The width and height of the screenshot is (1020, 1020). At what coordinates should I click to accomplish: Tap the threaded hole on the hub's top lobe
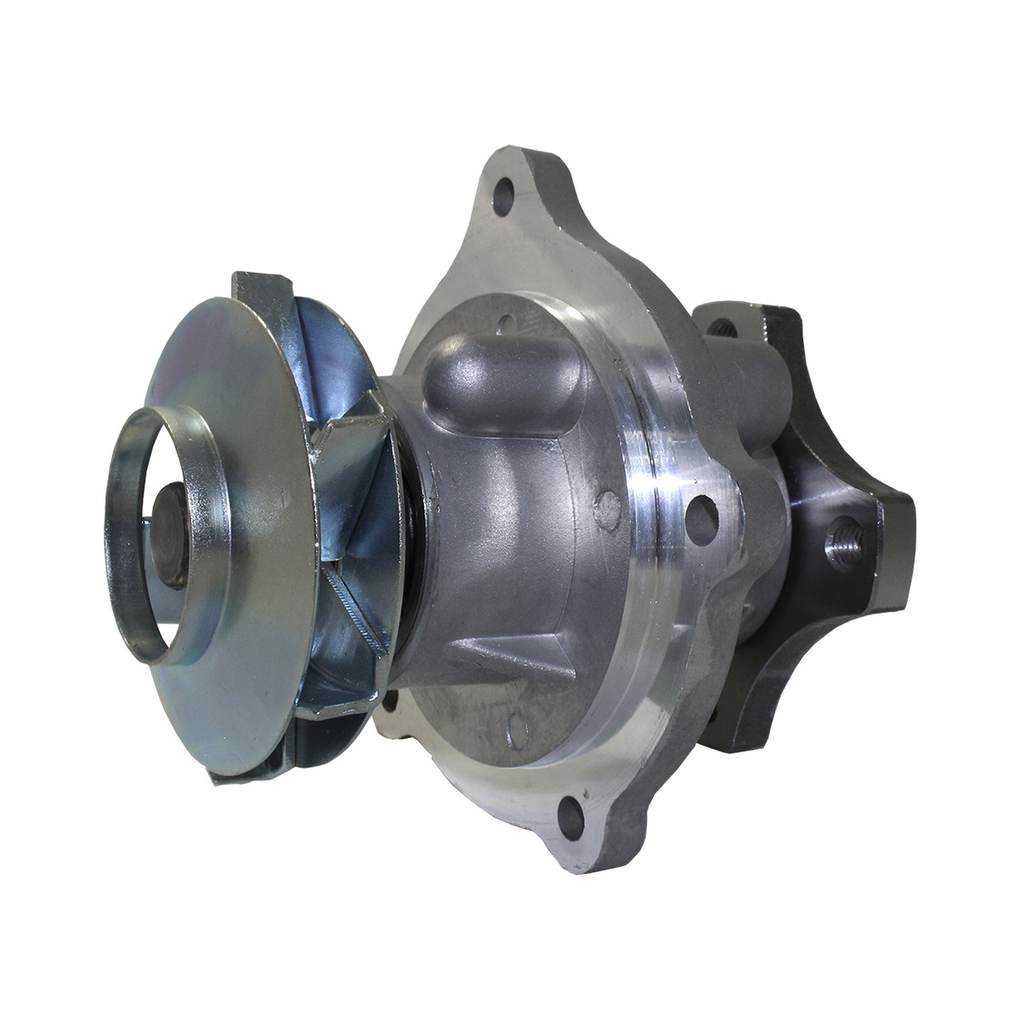click(724, 326)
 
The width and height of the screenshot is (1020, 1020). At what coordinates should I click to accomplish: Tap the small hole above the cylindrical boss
click(505, 322)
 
